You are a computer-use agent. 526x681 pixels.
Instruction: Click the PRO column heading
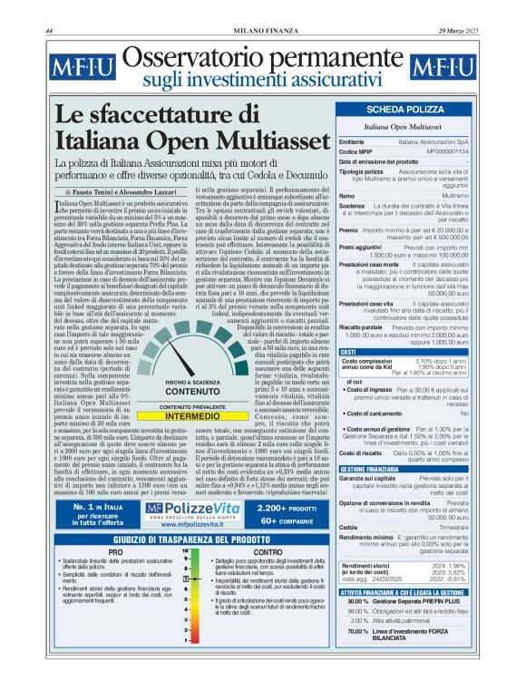(x=115, y=551)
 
